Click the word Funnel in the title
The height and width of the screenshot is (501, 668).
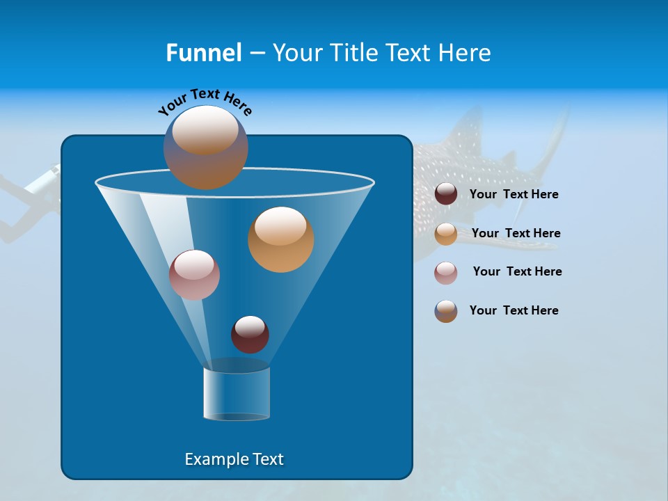pyautogui.click(x=203, y=53)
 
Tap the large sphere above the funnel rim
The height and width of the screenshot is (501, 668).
pyautogui.click(x=205, y=148)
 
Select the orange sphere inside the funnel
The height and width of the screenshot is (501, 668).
pyautogui.click(x=280, y=239)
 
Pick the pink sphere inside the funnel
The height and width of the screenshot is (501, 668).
pyautogui.click(x=194, y=275)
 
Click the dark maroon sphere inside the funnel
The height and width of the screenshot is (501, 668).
pyautogui.click(x=250, y=334)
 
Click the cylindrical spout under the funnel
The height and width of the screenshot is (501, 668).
pyautogui.click(x=237, y=394)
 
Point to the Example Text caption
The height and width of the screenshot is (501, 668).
pyautogui.click(x=234, y=459)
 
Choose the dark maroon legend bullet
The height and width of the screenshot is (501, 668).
pyautogui.click(x=446, y=194)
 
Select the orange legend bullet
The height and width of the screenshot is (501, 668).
pyautogui.click(x=446, y=234)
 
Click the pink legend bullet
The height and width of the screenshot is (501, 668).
pyautogui.click(x=446, y=273)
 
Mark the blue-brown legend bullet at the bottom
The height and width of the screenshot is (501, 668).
pyautogui.click(x=446, y=311)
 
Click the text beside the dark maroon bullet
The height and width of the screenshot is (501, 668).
pyautogui.click(x=514, y=195)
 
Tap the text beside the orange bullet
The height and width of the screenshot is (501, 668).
pyautogui.click(x=516, y=234)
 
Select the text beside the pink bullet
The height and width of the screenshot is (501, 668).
pyautogui.click(x=517, y=272)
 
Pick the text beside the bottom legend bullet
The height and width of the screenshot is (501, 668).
pyautogui.click(x=514, y=311)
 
